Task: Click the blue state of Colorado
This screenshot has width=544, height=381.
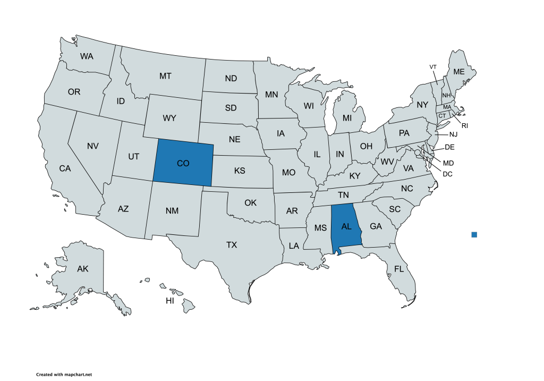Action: tap(183, 163)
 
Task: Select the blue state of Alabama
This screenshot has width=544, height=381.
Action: tap(346, 227)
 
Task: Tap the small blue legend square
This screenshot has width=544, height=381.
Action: tap(474, 234)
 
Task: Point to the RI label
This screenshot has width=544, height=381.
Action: tap(464, 125)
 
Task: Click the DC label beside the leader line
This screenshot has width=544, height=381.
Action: tap(447, 173)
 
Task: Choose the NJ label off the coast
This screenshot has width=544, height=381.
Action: tap(453, 134)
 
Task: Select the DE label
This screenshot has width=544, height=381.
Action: tap(449, 147)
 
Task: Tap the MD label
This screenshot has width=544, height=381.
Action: tap(448, 163)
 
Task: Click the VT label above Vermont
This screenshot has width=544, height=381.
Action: tap(433, 66)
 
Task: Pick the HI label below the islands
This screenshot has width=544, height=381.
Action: tap(170, 301)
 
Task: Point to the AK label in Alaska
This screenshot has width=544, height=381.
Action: tap(82, 269)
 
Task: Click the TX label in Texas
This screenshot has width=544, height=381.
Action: tap(232, 245)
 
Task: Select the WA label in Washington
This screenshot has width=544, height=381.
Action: tap(87, 56)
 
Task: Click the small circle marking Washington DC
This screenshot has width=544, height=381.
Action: tap(418, 153)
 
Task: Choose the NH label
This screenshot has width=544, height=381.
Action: tap(446, 95)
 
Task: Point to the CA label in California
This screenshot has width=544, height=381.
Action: tap(65, 168)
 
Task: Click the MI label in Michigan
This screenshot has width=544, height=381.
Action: tap(347, 117)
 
